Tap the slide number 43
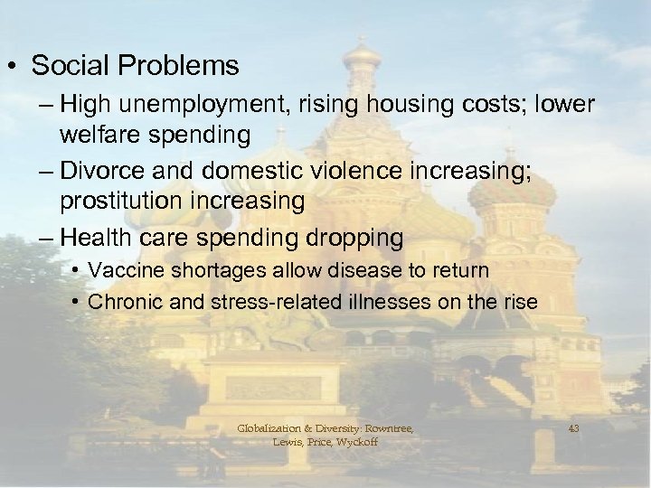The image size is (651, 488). (x=573, y=428)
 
